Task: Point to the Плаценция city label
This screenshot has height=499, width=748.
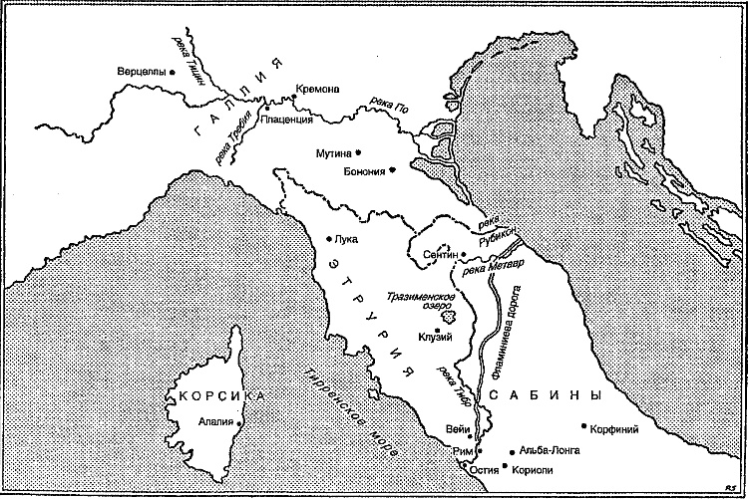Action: pos(286,120)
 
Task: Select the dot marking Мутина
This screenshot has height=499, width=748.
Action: pos(358,152)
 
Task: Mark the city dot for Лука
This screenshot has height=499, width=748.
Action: pos(330,238)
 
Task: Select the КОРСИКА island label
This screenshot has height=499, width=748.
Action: pos(222,396)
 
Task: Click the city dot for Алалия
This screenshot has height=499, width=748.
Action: pos(240,421)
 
